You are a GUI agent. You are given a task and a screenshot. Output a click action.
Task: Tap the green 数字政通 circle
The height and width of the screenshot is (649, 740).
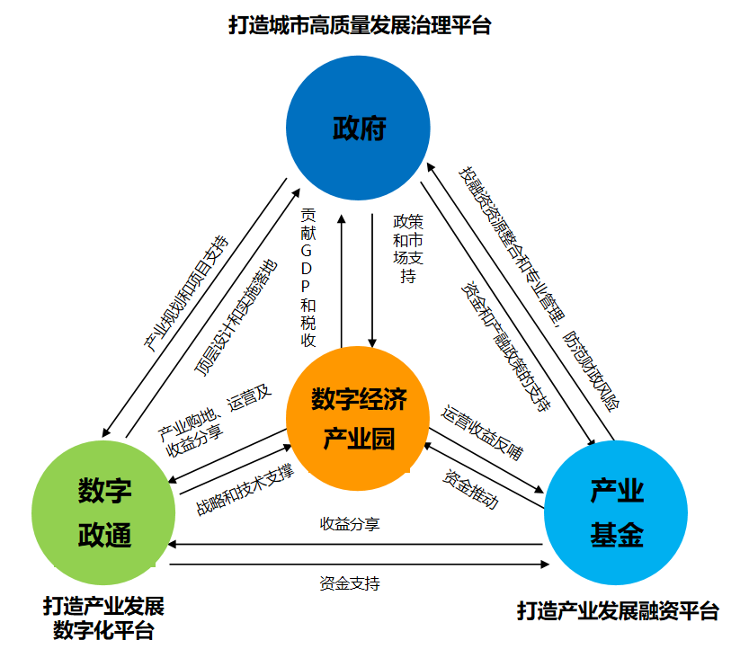(x=104, y=513)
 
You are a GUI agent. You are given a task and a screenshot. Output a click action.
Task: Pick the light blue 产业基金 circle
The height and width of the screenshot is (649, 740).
(x=617, y=513)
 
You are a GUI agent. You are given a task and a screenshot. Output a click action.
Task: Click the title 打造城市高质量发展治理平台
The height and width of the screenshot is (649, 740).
(x=360, y=25)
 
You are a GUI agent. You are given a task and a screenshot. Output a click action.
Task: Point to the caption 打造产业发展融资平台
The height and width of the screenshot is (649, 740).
(x=618, y=612)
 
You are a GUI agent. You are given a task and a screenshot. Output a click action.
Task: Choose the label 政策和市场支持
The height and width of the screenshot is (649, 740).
(x=408, y=248)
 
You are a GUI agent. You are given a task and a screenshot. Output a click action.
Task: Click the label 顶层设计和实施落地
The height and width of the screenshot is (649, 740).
(x=236, y=318)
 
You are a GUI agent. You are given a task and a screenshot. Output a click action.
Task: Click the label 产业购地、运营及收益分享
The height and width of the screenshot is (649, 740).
(x=215, y=419)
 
